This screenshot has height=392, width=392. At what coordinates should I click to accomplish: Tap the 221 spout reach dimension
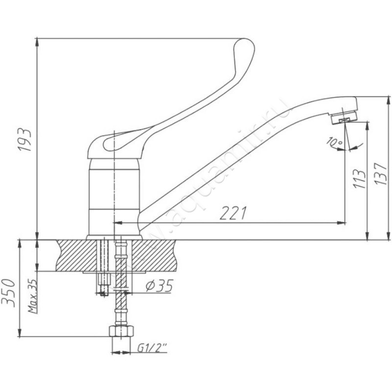click(x=233, y=213)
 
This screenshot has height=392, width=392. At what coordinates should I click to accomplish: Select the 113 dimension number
click(x=359, y=179)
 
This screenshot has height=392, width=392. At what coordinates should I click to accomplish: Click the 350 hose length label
click(x=9, y=293)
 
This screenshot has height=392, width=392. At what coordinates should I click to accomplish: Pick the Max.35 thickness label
click(x=32, y=296)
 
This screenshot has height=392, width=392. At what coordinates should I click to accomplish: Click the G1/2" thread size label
click(x=152, y=348)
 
